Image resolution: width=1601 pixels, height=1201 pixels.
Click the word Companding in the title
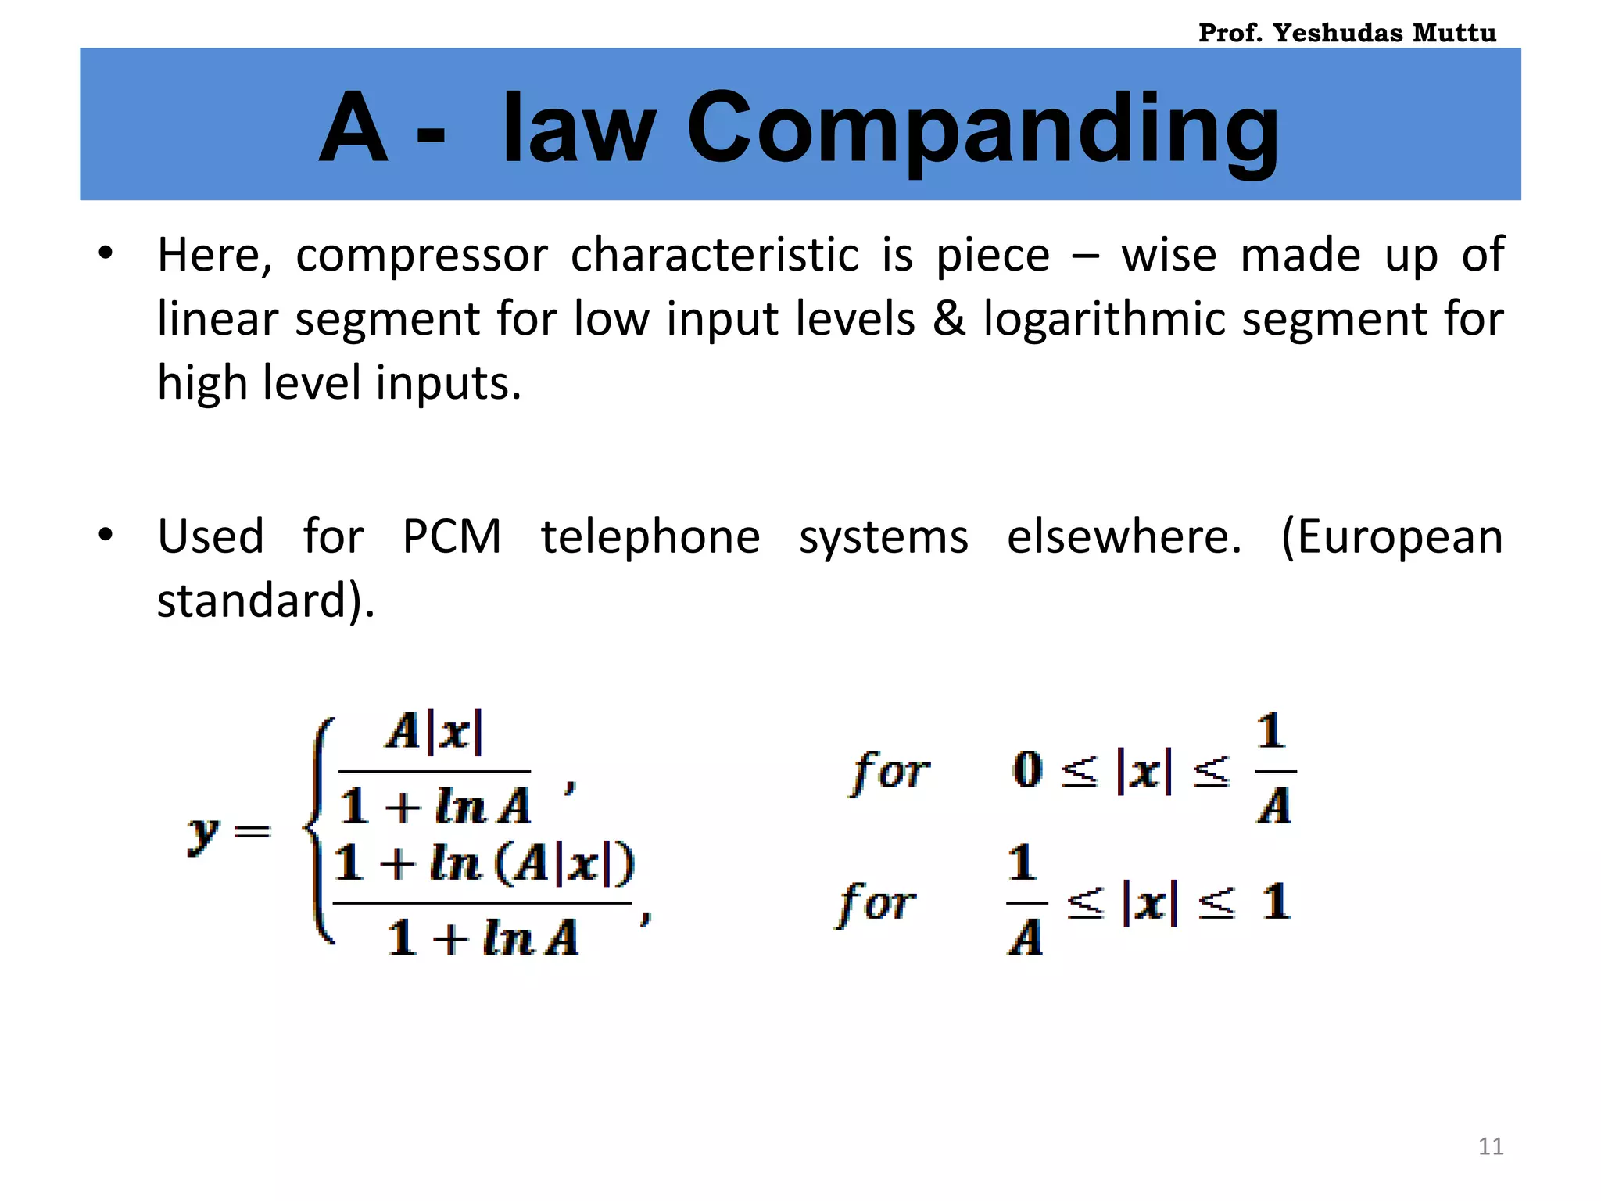[x=983, y=129]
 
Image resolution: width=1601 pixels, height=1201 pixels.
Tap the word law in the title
[x=578, y=129]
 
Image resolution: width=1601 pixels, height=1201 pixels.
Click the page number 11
[x=1491, y=1146]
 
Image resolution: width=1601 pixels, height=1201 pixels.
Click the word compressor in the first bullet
[x=422, y=256]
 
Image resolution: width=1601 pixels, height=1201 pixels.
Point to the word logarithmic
[x=1105, y=319]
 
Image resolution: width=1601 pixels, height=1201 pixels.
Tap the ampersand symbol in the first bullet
[x=949, y=319]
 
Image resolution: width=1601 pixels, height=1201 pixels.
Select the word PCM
[x=452, y=537]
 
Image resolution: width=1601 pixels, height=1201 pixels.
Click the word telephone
[x=650, y=537]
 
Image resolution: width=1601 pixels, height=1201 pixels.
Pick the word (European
[x=1392, y=537]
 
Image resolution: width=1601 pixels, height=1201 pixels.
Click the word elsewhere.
[x=1124, y=537]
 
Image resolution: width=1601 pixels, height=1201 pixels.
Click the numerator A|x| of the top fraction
[x=435, y=733]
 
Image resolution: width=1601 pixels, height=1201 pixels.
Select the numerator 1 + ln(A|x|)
[x=484, y=864]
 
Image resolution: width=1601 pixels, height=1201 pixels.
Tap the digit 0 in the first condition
[x=1028, y=770]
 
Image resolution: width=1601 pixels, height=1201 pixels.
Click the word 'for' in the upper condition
[x=890, y=771]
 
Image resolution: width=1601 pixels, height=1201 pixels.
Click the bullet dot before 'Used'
[x=106, y=536]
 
